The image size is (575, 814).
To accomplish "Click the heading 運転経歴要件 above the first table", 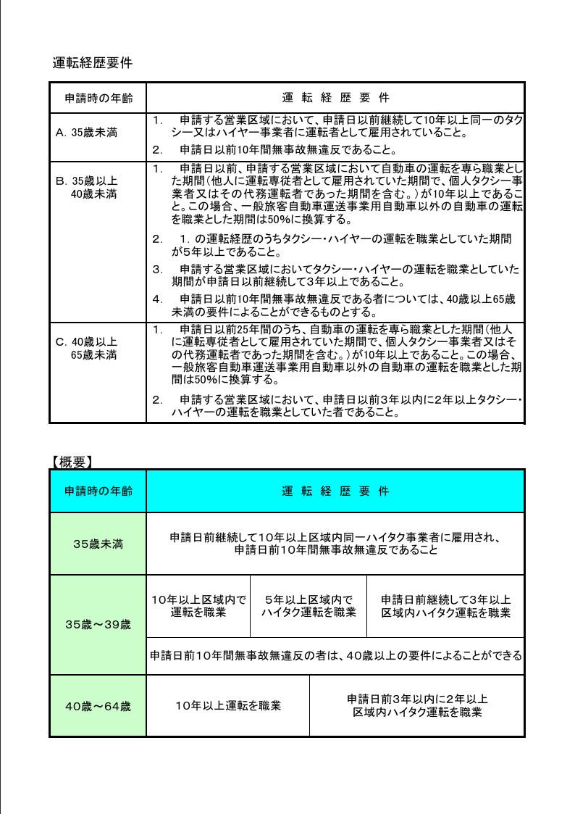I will coord(92,62).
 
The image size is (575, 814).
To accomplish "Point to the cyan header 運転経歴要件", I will coord(335,491).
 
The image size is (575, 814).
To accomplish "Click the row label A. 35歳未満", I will coord(87,133).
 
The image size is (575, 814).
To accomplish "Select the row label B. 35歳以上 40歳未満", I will coord(87,187).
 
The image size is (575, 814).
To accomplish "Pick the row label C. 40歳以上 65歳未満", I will coord(87,348).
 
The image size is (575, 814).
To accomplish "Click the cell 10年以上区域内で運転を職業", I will coord(198,606).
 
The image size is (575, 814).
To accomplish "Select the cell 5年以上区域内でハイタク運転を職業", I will coord(309,606).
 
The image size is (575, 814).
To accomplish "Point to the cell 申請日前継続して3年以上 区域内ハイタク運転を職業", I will coord(446,606).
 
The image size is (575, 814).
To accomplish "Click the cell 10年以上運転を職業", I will coord(228,705).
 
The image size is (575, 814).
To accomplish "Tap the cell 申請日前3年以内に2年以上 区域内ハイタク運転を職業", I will coord(417,705).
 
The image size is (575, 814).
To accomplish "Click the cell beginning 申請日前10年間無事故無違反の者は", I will coord(335,656).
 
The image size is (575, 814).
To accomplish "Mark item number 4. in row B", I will coord(158,298).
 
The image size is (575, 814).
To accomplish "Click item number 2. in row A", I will coord(158,150).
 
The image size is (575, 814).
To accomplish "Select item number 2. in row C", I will coord(158,399).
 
